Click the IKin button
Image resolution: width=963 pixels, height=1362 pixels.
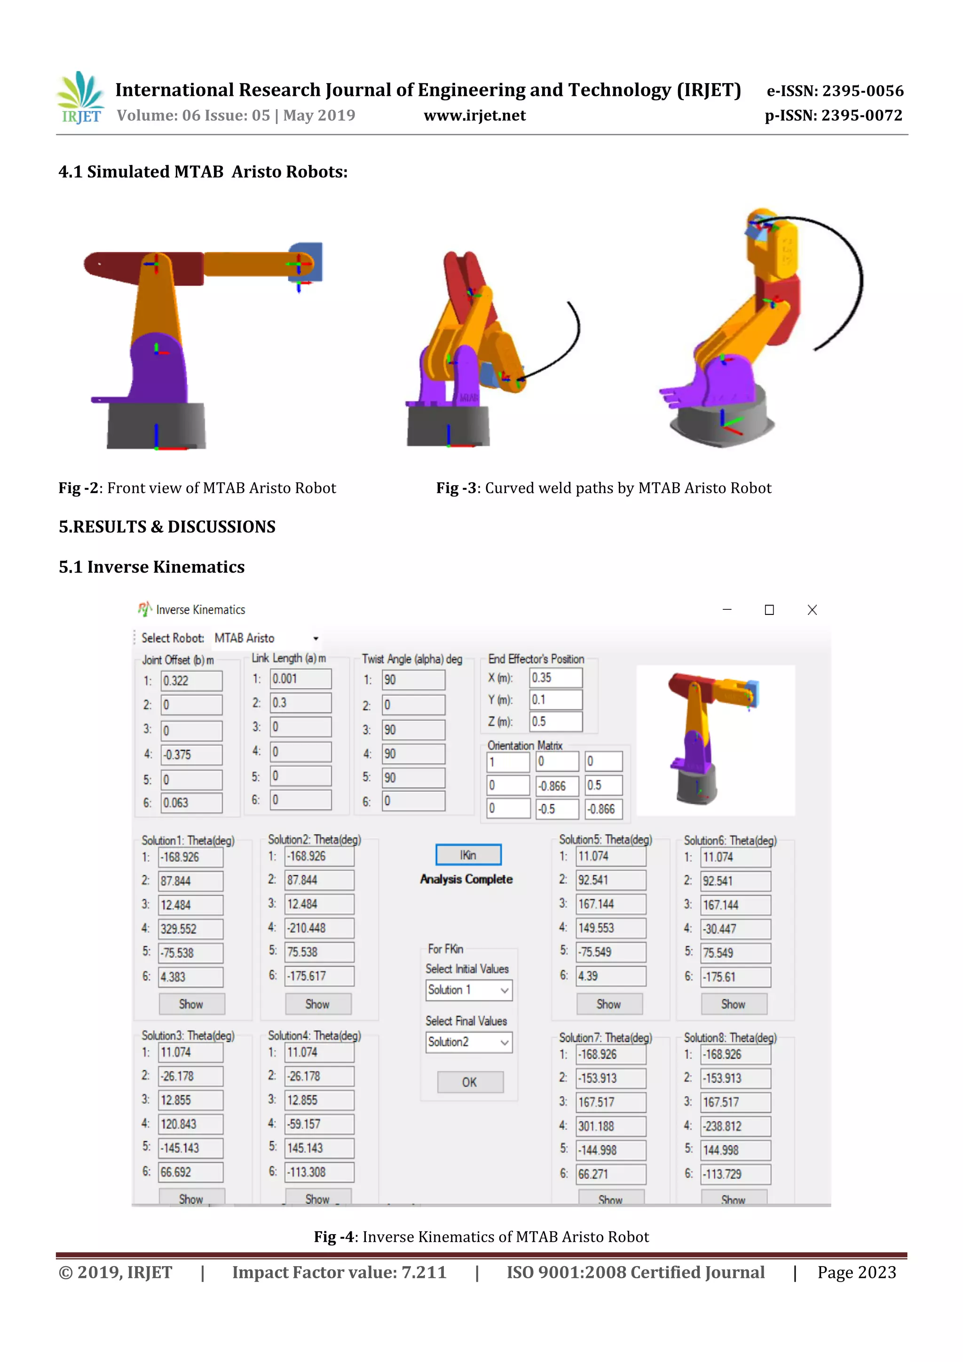pos(468,855)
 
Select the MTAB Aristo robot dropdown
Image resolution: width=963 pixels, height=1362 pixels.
pos(267,638)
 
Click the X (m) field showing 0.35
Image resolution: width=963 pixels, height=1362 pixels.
pos(555,678)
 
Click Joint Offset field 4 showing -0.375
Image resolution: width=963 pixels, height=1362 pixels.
pos(191,755)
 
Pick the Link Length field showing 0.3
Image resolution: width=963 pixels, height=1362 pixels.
pos(300,703)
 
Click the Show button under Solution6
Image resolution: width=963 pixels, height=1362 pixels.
pos(734,1004)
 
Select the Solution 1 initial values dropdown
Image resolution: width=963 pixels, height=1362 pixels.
pos(468,990)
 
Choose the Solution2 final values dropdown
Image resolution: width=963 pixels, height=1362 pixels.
pos(468,1042)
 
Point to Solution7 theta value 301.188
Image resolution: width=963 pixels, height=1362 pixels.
pos(610,1126)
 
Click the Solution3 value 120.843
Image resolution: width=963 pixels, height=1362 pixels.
pos(190,1124)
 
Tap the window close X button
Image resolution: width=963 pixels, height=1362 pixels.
pos(812,610)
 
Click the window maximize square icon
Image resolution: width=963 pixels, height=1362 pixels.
pos(769,610)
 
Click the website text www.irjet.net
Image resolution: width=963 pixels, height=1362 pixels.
pos(474,116)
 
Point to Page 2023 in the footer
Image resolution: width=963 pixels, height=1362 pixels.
pos(856,1272)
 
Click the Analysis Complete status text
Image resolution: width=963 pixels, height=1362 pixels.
pos(466,879)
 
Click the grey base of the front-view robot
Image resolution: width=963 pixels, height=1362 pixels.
pos(156,426)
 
